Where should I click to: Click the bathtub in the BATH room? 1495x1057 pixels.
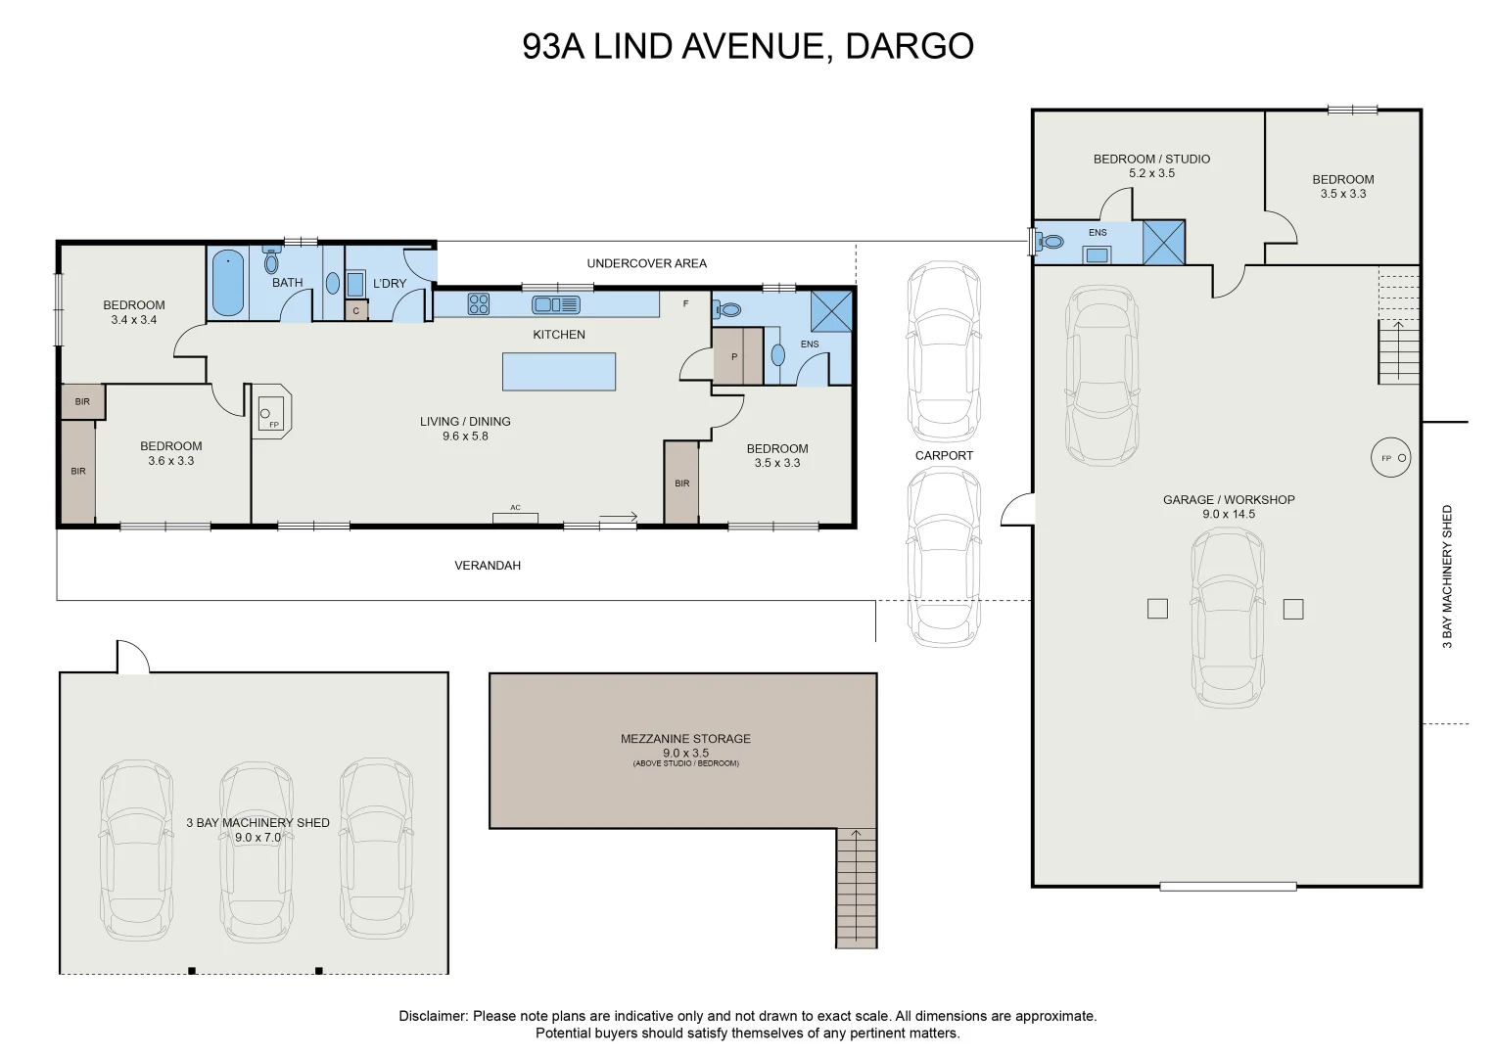227,283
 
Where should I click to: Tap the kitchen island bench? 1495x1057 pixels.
559,372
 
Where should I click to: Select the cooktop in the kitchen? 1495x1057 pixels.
479,303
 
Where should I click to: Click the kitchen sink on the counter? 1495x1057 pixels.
555,305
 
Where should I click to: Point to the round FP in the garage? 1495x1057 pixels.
1391,458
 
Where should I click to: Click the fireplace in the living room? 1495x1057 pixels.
271,411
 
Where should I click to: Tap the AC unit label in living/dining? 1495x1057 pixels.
515,508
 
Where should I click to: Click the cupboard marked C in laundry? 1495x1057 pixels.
356,311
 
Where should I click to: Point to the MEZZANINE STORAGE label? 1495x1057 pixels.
685,739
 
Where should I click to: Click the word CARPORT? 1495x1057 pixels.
944,456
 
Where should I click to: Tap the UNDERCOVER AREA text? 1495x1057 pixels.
647,263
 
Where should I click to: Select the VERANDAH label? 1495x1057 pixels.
488,566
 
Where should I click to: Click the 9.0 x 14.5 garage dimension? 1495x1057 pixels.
1229,514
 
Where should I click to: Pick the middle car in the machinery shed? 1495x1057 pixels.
257,850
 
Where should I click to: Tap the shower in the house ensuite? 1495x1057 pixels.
831,311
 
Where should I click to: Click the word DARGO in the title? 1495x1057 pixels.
910,46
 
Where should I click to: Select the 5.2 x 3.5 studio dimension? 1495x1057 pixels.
1152,173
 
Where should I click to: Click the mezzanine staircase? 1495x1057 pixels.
857,889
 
